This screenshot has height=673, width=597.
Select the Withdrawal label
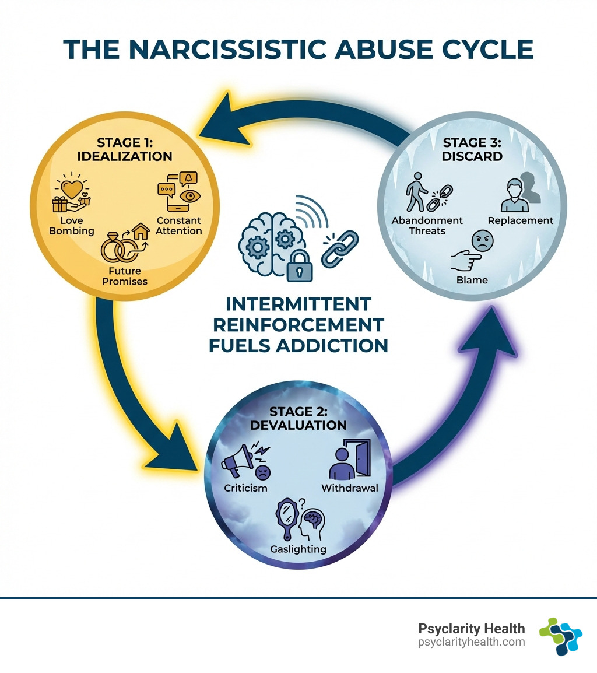(350, 488)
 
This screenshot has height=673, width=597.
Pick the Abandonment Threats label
(427, 225)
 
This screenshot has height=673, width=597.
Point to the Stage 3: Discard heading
(472, 149)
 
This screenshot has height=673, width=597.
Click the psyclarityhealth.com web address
(472, 642)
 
